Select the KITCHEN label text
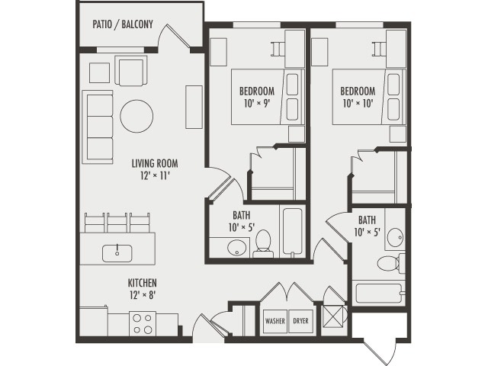pyautogui.click(x=143, y=282)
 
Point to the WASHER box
pyautogui.click(x=275, y=321)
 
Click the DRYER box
pyautogui.click(x=300, y=321)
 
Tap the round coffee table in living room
pyautogui.click(x=136, y=115)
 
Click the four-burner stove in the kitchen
pyautogui.click(x=142, y=324)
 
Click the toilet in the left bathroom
pyautogui.click(x=263, y=243)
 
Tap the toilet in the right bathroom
pyautogui.click(x=390, y=264)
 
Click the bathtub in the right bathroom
pyautogui.click(x=379, y=294)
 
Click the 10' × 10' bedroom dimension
pyautogui.click(x=358, y=104)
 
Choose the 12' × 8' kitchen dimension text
pyautogui.click(x=143, y=295)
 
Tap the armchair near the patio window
pyautogui.click(x=130, y=71)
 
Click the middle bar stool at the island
pyautogui.click(x=117, y=222)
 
